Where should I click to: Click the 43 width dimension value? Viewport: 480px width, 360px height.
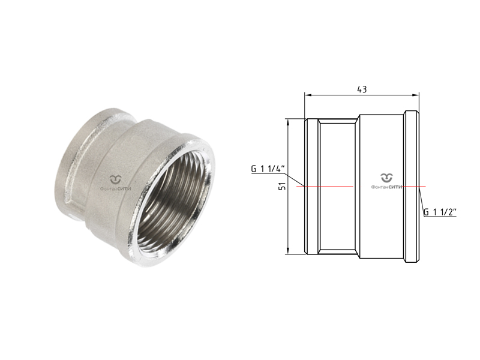(x=362, y=89)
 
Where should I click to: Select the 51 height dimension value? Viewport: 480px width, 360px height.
(x=282, y=186)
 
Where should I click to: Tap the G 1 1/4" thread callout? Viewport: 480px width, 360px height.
(x=268, y=169)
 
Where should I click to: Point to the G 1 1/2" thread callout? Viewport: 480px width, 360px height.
(x=440, y=212)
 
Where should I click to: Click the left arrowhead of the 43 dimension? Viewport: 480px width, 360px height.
(x=308, y=95)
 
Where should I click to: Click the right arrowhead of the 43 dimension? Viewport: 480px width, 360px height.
(x=416, y=95)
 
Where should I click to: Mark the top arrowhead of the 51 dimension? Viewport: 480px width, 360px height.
(x=287, y=122)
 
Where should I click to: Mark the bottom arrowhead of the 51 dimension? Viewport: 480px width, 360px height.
(x=287, y=251)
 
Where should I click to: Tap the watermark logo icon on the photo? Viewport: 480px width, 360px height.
(x=116, y=179)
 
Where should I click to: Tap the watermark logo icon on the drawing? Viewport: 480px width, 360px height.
(x=386, y=178)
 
